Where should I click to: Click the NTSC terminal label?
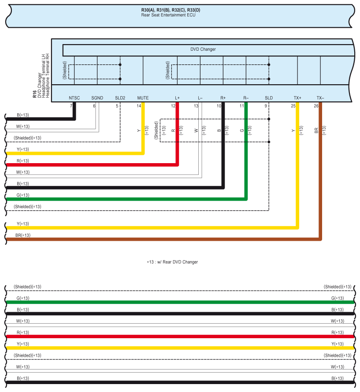[x=74, y=97]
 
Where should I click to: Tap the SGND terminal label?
[x=97, y=97]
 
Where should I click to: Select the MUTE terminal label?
[x=143, y=97]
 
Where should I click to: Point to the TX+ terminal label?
[x=297, y=97]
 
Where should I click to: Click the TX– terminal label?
[x=320, y=97]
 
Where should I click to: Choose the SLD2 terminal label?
[x=120, y=97]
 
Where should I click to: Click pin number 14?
[x=139, y=106]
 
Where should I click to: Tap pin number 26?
[x=316, y=106]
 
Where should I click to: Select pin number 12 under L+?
[x=173, y=106]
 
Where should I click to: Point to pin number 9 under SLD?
[x=265, y=106]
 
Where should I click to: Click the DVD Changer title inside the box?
[x=203, y=49]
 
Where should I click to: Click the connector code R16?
[x=34, y=93]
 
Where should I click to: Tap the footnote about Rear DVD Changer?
[x=172, y=262]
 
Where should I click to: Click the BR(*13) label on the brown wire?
[x=23, y=235]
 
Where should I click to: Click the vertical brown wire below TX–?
[x=320, y=176]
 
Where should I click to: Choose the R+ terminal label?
[x=223, y=97]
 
